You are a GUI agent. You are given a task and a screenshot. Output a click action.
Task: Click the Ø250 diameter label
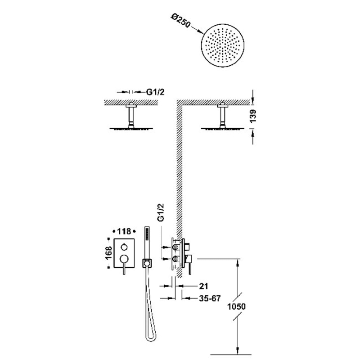pyautogui.click(x=180, y=21)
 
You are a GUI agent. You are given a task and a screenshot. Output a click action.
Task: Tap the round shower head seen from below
pyautogui.click(x=223, y=45)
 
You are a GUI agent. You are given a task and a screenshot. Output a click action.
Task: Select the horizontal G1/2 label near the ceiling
pyautogui.click(x=155, y=92)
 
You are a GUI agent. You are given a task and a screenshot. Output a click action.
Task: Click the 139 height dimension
pyautogui.click(x=253, y=116)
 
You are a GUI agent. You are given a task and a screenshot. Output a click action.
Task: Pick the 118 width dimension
pyautogui.click(x=124, y=231)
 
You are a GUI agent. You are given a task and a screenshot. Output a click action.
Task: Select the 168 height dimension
pyautogui.click(x=108, y=253)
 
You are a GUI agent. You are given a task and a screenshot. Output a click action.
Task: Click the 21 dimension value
pyautogui.click(x=203, y=286)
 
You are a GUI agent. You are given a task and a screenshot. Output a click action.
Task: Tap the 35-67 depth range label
pyautogui.click(x=210, y=298)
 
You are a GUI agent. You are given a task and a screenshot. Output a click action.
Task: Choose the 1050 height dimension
pyautogui.click(x=237, y=306)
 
